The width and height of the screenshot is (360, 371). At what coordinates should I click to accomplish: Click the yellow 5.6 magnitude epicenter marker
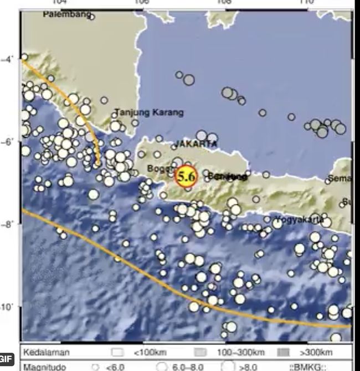(186, 177)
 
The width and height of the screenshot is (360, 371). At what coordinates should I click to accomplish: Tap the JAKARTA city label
(196, 144)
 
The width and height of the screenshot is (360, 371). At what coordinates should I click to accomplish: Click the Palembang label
(66, 16)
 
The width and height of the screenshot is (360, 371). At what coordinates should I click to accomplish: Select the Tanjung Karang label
(149, 113)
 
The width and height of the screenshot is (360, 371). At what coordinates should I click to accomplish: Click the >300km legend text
(317, 353)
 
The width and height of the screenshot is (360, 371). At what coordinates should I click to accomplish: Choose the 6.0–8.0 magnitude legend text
(188, 366)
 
